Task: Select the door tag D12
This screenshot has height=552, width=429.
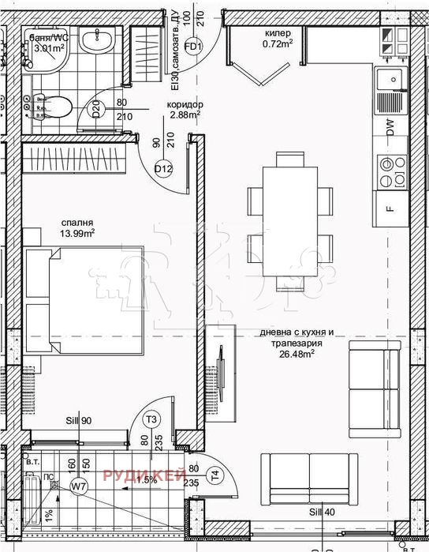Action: (x=163, y=167)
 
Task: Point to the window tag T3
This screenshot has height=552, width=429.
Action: (x=152, y=419)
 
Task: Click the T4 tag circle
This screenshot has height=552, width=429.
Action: (x=214, y=475)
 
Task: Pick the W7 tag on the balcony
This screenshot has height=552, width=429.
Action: (x=78, y=486)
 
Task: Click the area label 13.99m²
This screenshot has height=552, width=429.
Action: (x=78, y=233)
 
